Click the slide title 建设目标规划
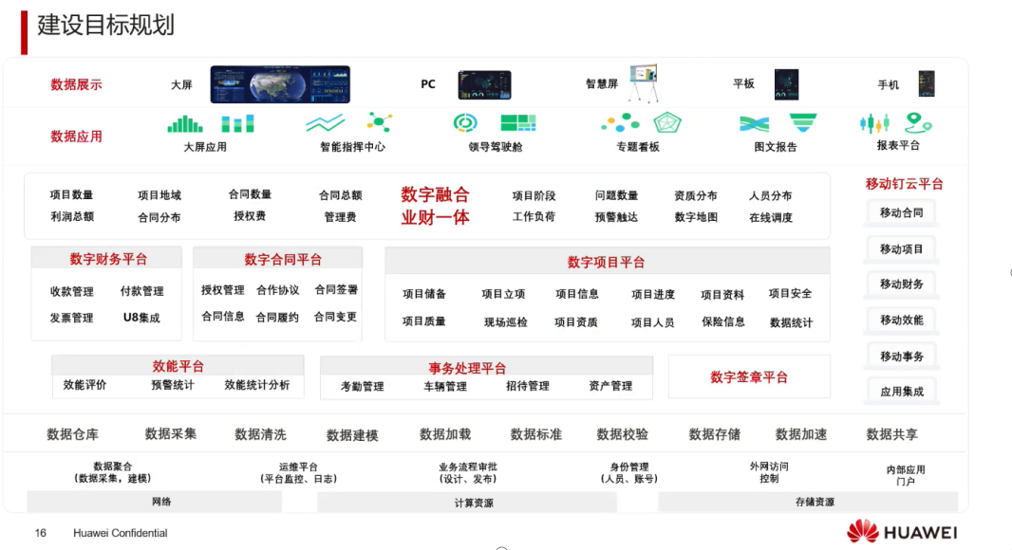tap(105, 25)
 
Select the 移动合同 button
tap(900, 212)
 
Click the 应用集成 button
tap(900, 391)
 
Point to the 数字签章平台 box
tap(749, 377)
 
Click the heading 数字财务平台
tap(108, 259)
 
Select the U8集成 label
tap(141, 318)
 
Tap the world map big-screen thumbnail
tap(280, 84)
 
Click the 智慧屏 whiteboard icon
tap(644, 82)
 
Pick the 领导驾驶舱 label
tap(495, 147)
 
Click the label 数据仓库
tap(73, 434)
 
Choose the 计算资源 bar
tap(474, 503)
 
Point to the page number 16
tap(41, 533)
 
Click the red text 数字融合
tap(435, 194)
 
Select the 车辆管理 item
tap(445, 386)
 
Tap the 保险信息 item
tap(722, 321)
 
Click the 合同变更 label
tap(336, 317)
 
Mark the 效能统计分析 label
tap(257, 385)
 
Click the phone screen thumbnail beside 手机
tap(926, 83)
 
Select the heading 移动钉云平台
tap(904, 184)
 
